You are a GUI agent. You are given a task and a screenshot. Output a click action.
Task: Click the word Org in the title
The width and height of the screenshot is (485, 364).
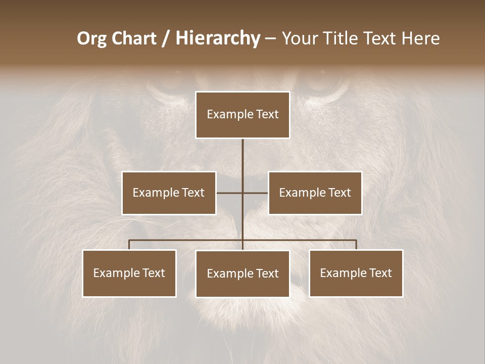[91, 38]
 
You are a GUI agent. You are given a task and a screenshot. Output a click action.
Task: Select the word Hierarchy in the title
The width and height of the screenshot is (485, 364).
[218, 38]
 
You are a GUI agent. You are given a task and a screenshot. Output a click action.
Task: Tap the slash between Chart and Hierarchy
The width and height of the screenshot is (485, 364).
[166, 38]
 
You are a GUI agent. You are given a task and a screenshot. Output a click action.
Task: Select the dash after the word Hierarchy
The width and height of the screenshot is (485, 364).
[270, 38]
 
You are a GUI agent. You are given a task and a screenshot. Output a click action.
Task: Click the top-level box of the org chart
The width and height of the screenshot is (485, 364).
[243, 115]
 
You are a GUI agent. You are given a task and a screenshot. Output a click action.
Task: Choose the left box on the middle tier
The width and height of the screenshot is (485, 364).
[169, 193]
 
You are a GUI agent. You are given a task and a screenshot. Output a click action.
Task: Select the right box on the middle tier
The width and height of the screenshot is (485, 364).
[315, 193]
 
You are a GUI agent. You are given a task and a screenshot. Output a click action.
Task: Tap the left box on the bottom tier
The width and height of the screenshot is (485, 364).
[129, 273]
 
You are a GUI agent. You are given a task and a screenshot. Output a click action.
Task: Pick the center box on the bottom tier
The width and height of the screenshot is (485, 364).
[243, 274]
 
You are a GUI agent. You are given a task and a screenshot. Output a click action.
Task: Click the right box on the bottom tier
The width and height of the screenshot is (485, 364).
[356, 273]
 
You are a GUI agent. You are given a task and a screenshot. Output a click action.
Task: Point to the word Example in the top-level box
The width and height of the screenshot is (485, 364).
[225, 114]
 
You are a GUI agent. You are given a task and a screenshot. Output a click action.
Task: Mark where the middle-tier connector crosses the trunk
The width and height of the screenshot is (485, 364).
[243, 193]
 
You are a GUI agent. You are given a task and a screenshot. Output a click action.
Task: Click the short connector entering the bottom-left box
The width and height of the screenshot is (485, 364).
[129, 245]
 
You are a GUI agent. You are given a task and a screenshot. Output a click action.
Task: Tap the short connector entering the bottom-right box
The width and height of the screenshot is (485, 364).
[356, 245]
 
